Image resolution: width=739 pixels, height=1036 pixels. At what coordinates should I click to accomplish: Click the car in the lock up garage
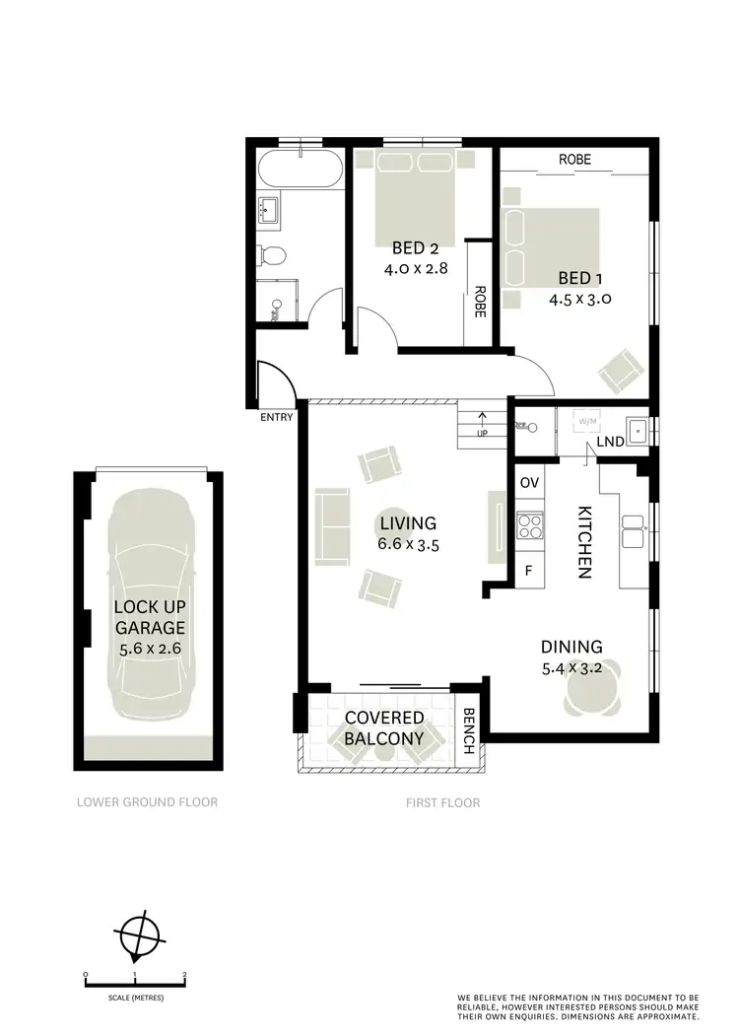tap(148, 611)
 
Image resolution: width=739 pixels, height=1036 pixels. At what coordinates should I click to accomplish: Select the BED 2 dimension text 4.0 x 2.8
tap(416, 266)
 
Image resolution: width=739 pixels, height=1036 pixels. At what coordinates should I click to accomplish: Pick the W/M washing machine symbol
tap(588, 422)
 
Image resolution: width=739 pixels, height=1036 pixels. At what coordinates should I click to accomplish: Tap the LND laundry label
tap(611, 442)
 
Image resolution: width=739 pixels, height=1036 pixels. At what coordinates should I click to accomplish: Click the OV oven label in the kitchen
tap(529, 482)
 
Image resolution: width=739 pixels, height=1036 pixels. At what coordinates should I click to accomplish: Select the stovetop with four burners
tap(530, 526)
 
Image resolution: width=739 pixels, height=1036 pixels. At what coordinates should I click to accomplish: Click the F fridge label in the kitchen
tap(528, 571)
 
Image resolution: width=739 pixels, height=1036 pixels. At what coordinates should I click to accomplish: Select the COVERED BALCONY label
tap(384, 728)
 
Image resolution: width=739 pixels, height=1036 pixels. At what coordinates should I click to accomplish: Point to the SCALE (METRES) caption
tap(135, 998)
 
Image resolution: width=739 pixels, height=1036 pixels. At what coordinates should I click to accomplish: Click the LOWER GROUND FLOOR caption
tap(147, 802)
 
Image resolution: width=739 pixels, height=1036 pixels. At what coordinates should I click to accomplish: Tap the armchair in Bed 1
tap(622, 370)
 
